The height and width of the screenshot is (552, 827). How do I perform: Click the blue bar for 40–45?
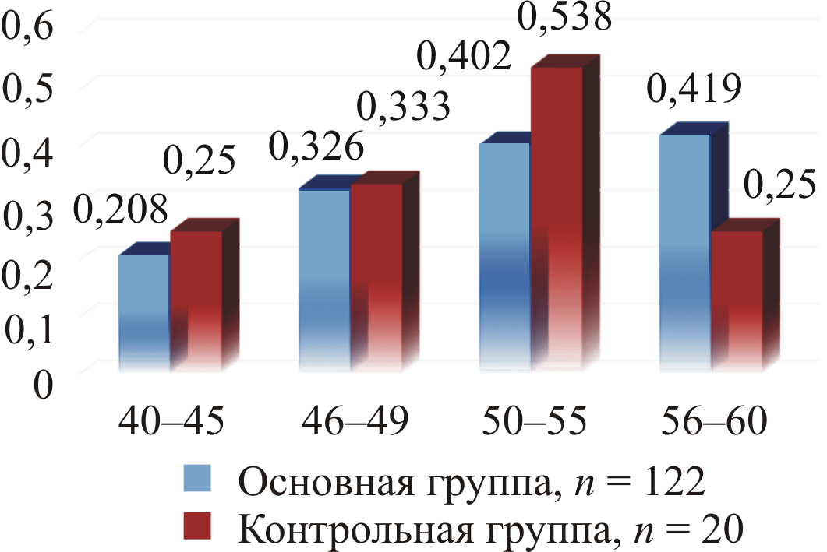coord(144,311)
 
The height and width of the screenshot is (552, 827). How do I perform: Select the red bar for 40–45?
coord(196,300)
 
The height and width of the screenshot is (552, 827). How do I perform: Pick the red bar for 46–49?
coord(376,276)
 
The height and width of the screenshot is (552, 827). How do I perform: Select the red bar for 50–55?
coord(557,218)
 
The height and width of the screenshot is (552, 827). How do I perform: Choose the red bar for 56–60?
coord(737,300)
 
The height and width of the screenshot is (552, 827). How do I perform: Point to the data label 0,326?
coord(316,146)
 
